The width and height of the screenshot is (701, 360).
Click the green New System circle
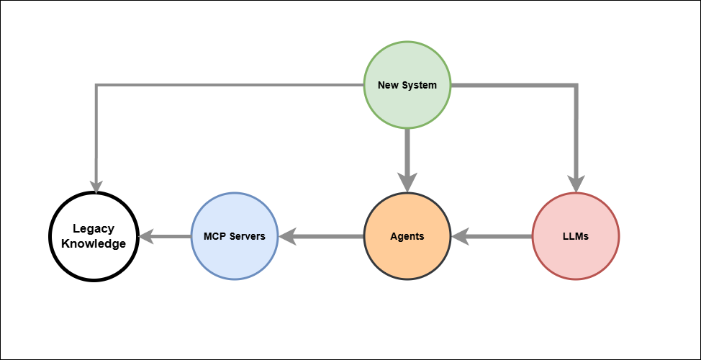pyautogui.click(x=407, y=85)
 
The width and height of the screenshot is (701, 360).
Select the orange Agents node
pyautogui.click(x=407, y=236)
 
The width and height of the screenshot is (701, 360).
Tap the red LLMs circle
pyautogui.click(x=575, y=236)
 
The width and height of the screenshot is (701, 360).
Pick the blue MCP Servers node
pyautogui.click(x=235, y=236)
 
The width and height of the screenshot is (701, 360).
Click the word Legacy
pyautogui.click(x=94, y=229)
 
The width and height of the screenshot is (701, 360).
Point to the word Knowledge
pyautogui.click(x=94, y=244)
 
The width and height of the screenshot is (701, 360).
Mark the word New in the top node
pyautogui.click(x=389, y=85)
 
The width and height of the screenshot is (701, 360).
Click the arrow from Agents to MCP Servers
pyautogui.click(x=324, y=236)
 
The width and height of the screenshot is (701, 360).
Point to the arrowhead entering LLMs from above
pyautogui.click(x=575, y=184)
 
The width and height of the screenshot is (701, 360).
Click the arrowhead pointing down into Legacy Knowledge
pyautogui.click(x=95, y=186)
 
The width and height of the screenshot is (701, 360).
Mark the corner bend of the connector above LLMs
pyautogui.click(x=575, y=86)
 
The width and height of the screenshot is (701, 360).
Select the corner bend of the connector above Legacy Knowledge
pyautogui.click(x=95, y=86)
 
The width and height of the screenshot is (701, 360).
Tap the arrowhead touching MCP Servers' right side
pyautogui.click(x=286, y=236)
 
